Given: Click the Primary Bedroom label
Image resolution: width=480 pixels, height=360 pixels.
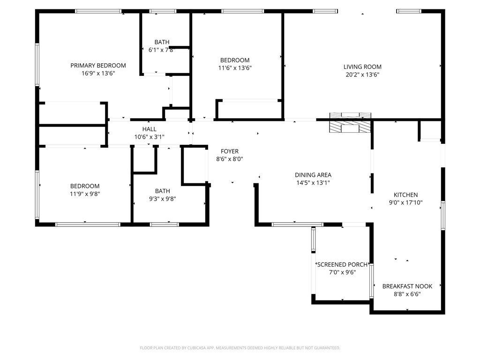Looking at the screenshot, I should point(98,65).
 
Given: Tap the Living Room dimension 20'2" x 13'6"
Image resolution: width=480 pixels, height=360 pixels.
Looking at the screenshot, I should point(362,74).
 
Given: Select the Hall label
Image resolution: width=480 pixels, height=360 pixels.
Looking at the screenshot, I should point(150,129).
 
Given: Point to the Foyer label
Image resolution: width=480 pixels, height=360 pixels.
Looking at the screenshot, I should point(230,151).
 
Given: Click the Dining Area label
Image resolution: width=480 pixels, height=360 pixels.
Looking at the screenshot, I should point(313,175).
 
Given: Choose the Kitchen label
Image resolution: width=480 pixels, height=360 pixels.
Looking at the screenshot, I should point(405,195).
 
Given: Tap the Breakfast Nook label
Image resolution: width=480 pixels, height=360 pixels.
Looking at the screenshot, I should point(407,286).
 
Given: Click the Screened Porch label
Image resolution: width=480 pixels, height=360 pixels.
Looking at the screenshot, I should point(342,264).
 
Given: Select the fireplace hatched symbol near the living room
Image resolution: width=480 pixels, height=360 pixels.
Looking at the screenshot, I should point(350,127).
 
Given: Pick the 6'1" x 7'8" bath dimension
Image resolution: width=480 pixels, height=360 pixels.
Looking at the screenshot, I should point(162,50).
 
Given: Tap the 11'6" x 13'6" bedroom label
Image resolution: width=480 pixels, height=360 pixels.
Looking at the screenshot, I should point(235,60).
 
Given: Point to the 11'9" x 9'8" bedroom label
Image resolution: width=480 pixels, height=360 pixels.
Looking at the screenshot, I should point(85,186).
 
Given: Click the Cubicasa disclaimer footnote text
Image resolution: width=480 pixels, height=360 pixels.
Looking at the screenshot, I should point(240,348).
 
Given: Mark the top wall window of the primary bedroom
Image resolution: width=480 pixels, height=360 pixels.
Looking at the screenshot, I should point(98,11).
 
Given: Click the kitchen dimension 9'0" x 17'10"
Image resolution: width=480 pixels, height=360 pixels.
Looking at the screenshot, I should point(405,202).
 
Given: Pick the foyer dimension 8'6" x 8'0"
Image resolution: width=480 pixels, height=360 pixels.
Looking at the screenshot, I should point(230,159).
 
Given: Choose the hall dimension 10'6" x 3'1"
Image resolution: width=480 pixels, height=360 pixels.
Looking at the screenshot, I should point(150,136).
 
